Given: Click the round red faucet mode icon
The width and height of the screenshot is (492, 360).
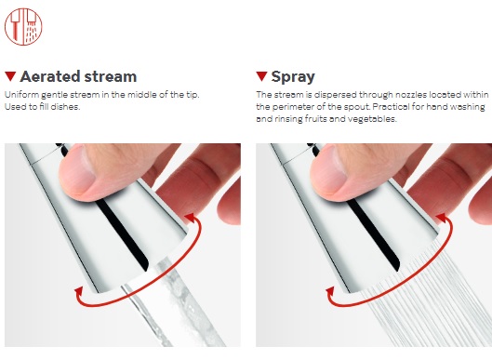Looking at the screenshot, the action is coord(23,27).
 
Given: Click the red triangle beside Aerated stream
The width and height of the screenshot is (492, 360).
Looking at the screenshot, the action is coord(10,76).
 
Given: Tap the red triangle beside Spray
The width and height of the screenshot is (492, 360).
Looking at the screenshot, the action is coord(261,76).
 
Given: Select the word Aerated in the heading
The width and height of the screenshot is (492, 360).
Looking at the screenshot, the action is coord(49,76).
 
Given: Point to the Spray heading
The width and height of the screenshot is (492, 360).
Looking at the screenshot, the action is coord(293,77).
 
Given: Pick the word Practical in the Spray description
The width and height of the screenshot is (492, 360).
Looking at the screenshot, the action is coord(391,107).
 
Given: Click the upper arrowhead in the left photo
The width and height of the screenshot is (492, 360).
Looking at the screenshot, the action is coord(190,218).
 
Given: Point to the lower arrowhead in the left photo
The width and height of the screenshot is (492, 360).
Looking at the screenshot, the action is coord(79,291).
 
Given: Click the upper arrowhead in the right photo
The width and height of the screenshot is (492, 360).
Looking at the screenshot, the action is coord(442,218).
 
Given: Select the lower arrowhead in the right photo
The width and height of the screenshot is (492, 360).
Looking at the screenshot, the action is coord(330,291).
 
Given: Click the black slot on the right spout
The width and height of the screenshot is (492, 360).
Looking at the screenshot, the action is coord(373,233).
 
